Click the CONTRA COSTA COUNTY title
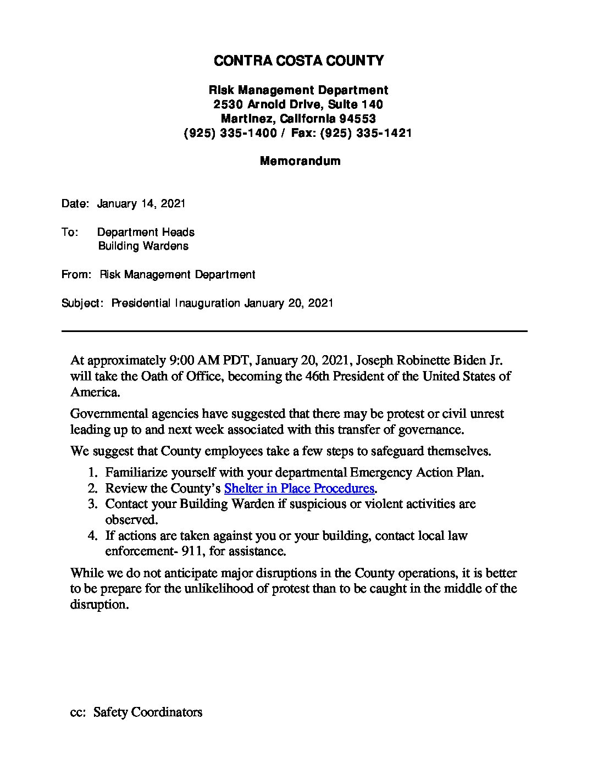(298, 61)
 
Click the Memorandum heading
(300, 161)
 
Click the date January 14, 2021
(141, 204)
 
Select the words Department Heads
(146, 233)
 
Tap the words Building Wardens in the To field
(143, 246)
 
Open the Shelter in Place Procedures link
(299, 488)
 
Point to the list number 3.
(93, 504)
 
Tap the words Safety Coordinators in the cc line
(148, 712)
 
